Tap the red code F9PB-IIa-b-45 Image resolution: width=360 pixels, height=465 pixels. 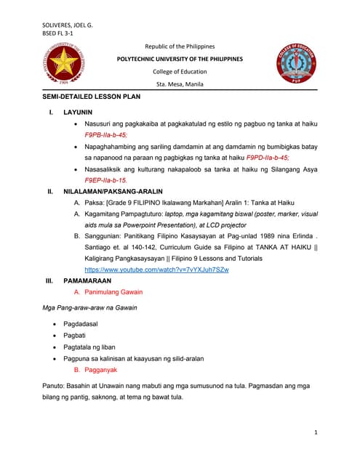tap(106, 135)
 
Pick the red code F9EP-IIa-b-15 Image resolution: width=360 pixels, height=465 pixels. tap(106, 179)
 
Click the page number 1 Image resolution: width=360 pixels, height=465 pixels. tap(316, 432)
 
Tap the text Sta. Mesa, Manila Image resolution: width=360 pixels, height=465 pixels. tap(180, 84)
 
